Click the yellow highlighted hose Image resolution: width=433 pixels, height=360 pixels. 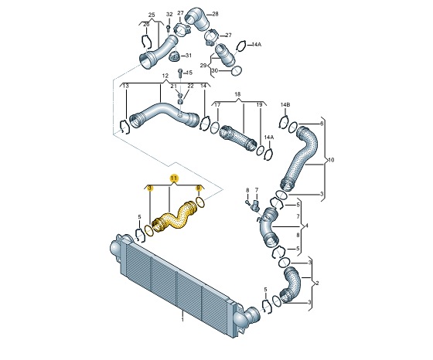click(176, 217)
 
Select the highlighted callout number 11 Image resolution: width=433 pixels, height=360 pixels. click(174, 178)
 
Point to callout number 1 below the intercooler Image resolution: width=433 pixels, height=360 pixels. click(182, 318)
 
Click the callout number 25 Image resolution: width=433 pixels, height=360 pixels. click(152, 15)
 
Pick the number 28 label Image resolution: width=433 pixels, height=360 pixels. click(214, 15)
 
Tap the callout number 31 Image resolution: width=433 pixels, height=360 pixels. click(190, 56)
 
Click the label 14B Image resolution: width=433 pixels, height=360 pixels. click(285, 104)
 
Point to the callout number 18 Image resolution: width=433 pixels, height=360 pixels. click(238, 93)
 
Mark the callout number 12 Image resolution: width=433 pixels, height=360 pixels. click(165, 76)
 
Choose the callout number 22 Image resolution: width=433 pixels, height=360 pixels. click(190, 86)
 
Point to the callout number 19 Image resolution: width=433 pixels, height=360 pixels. click(260, 104)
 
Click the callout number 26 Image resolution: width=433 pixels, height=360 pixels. click(145, 24)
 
